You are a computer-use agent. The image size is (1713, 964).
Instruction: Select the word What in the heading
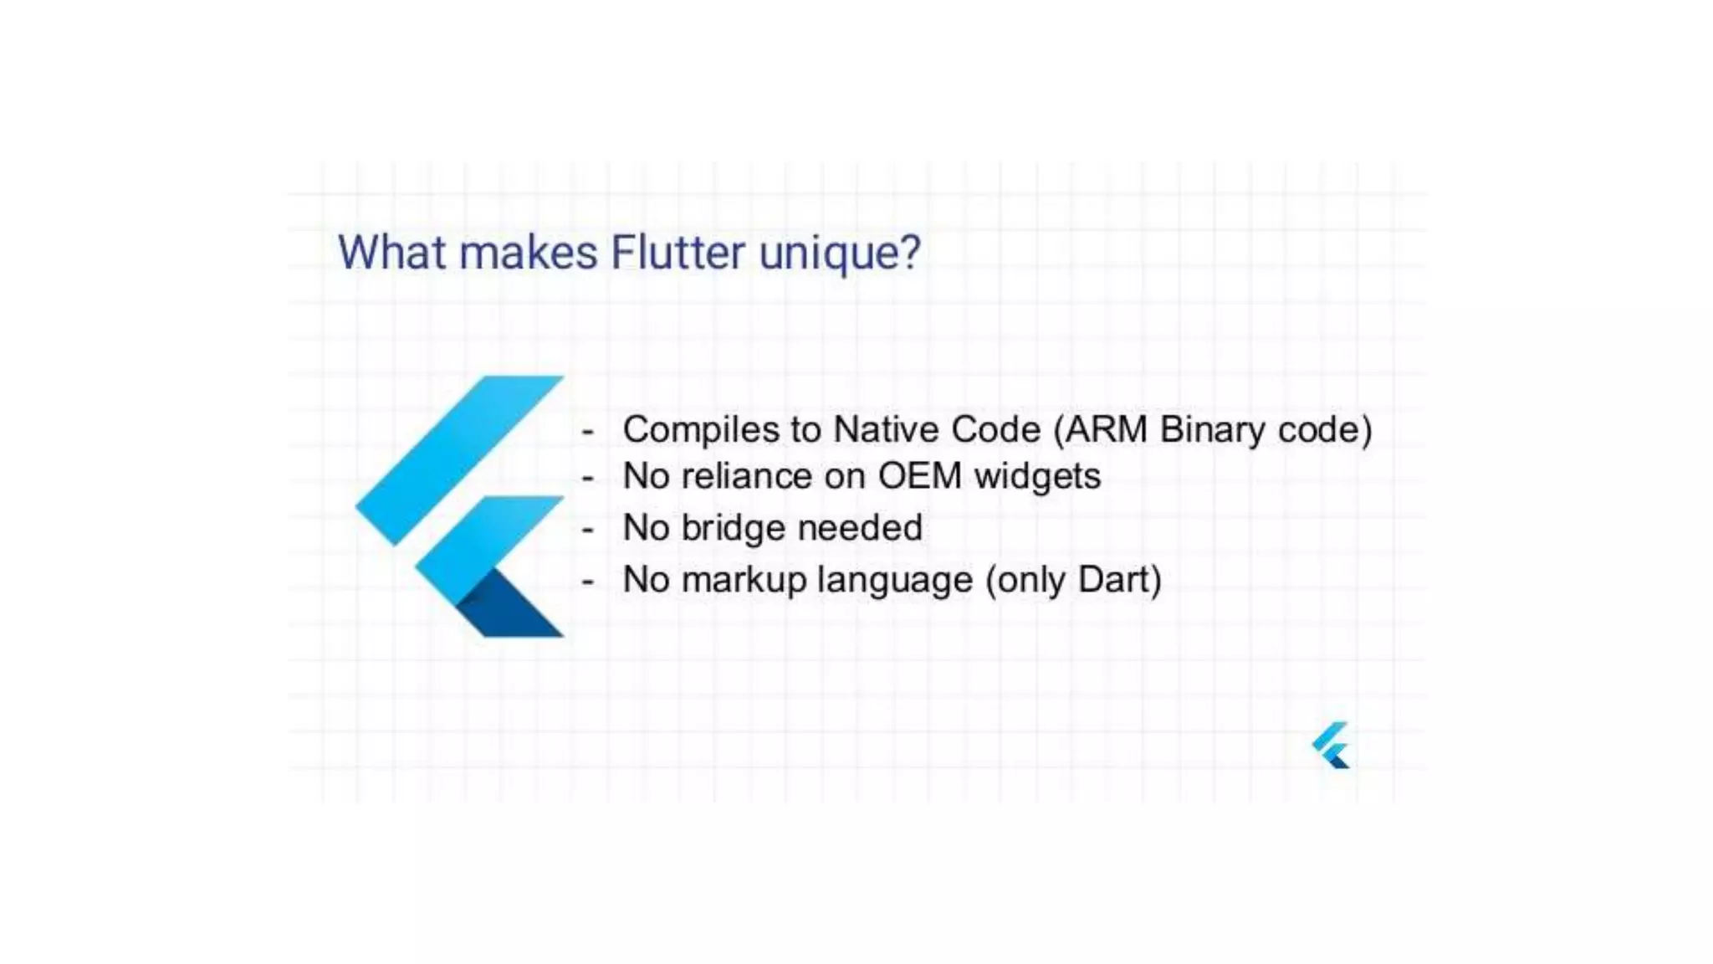pos(391,253)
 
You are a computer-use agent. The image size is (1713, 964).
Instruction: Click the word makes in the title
pos(529,253)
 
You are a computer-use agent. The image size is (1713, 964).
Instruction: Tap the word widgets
pos(1037,478)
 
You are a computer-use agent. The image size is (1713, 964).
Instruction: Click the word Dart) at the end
pos(1119,580)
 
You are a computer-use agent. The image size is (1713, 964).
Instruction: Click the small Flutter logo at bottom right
pos(1331,745)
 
